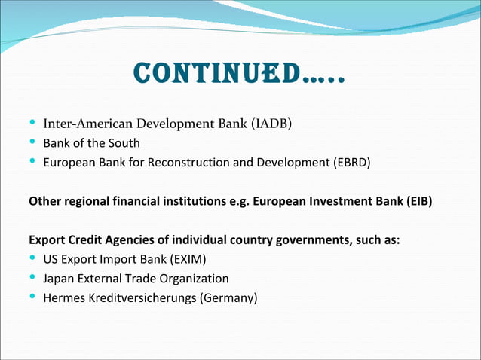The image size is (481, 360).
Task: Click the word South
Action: (x=124, y=143)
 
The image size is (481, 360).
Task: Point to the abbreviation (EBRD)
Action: (x=349, y=163)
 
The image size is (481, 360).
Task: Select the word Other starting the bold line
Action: (x=44, y=202)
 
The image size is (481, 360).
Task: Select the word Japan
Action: (x=58, y=279)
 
